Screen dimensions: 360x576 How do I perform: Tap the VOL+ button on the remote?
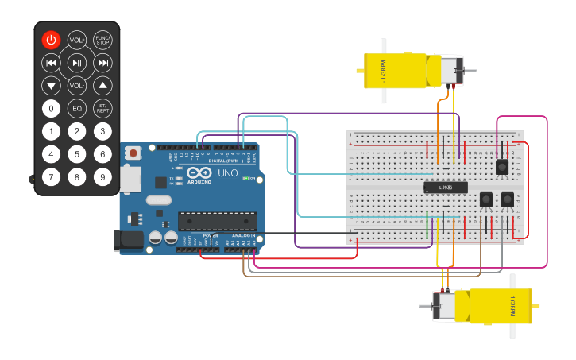click(x=77, y=40)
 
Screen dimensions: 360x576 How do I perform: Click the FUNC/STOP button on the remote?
click(x=102, y=40)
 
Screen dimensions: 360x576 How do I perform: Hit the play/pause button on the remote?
click(x=77, y=63)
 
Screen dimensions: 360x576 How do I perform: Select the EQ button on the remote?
click(x=77, y=109)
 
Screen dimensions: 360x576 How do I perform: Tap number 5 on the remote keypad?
click(x=77, y=154)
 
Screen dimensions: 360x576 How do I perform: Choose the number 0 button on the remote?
click(x=51, y=109)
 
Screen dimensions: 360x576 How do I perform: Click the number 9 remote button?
click(x=102, y=177)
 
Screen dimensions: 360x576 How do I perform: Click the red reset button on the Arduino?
click(x=133, y=152)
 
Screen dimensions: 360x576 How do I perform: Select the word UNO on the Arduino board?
click(x=227, y=172)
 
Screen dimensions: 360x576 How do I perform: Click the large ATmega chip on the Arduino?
click(x=217, y=220)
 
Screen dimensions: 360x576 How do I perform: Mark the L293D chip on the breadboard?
click(x=445, y=188)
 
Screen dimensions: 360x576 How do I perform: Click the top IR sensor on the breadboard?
click(x=501, y=167)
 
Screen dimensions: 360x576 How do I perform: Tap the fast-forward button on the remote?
click(x=102, y=63)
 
